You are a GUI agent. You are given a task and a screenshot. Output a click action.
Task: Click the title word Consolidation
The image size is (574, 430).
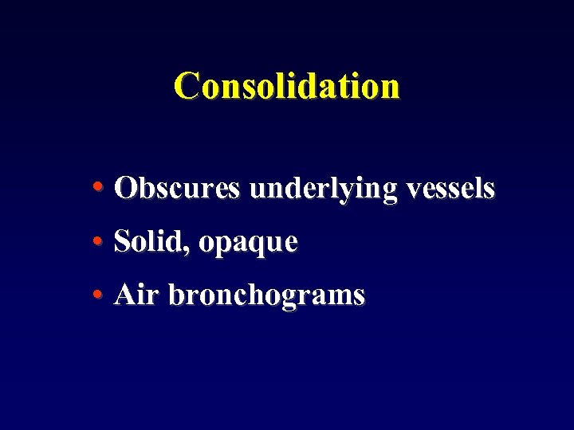[287, 86]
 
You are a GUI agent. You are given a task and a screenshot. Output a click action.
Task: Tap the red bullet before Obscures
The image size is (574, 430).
[96, 189]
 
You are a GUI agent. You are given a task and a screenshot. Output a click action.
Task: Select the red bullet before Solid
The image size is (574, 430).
[96, 241]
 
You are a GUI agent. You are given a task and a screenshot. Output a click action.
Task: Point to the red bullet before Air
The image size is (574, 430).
[96, 295]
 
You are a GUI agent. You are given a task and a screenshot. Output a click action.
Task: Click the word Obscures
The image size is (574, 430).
[176, 189]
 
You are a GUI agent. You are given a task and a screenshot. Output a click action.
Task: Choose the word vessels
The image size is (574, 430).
[450, 189]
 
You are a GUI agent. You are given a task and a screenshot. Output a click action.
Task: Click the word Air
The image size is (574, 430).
[137, 295]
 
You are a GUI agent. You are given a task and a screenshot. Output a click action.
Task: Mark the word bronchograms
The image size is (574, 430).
[267, 296]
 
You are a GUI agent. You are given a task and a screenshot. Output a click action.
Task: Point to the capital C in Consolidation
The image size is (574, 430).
[187, 86]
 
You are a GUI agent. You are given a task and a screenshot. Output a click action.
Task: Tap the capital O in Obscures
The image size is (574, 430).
[125, 189]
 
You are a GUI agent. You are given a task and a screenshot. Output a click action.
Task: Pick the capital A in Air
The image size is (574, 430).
[124, 295]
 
